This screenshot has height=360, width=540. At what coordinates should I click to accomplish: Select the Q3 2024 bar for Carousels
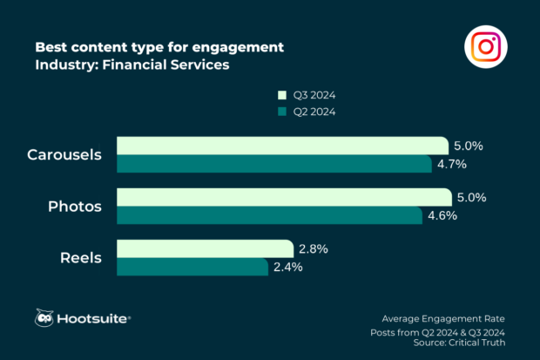(x=282, y=146)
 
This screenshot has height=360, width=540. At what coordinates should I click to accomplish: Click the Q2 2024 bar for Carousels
(x=274, y=164)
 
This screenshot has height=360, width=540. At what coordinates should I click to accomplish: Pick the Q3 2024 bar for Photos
(x=284, y=197)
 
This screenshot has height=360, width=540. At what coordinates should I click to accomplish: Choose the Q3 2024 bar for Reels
(x=205, y=249)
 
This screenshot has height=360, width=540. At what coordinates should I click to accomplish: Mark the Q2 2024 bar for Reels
(x=192, y=267)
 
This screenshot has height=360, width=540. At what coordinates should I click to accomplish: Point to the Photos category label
(x=75, y=207)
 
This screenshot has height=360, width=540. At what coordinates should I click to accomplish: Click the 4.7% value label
(x=453, y=164)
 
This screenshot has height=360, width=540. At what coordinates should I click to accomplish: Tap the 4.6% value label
(x=454, y=215)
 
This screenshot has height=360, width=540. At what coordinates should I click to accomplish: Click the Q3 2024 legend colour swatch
(x=281, y=94)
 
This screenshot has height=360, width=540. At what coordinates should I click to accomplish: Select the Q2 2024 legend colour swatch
(x=281, y=112)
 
